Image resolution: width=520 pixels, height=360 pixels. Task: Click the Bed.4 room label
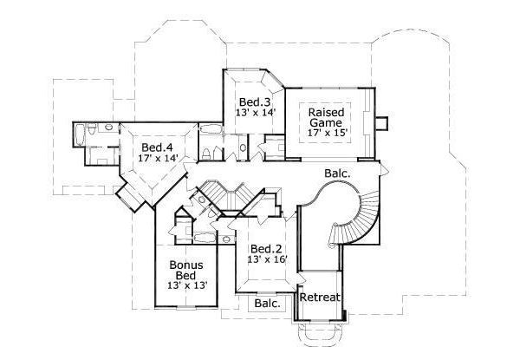(x=157, y=147)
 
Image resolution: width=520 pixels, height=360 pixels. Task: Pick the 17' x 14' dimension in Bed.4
(x=157, y=159)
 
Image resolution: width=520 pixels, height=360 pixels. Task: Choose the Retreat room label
(x=320, y=298)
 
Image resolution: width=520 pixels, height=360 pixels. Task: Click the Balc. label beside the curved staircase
(x=337, y=173)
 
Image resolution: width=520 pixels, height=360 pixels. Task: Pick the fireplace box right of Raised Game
(x=382, y=122)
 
